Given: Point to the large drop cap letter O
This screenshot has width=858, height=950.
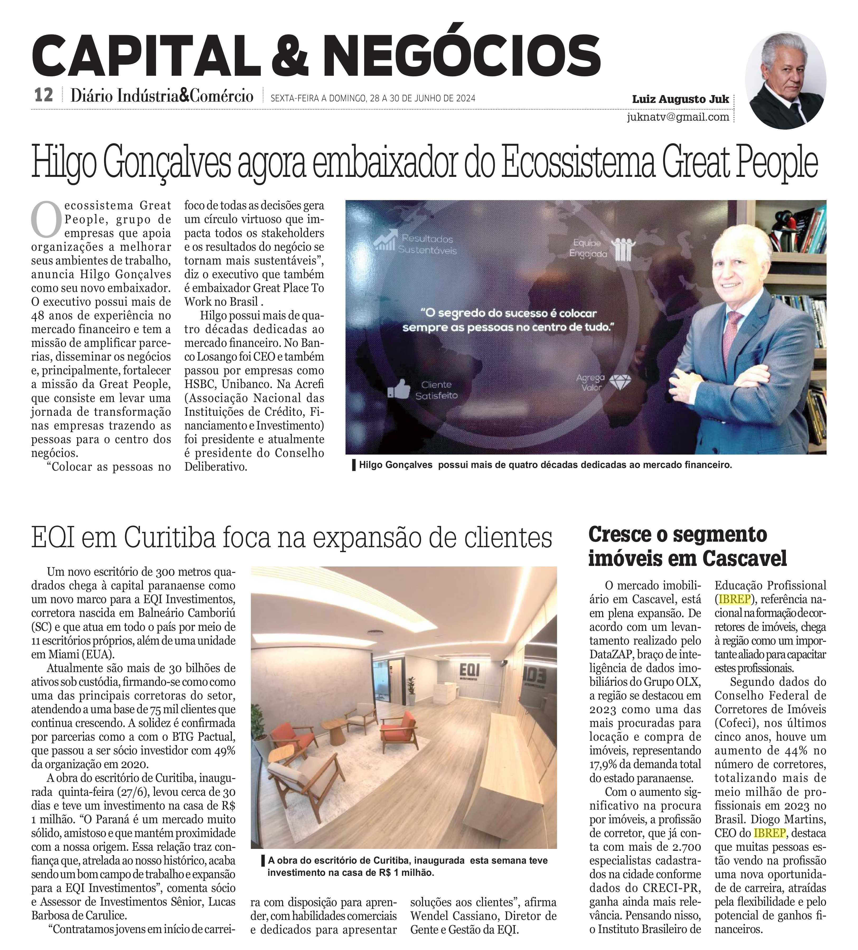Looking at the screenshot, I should tap(46, 220).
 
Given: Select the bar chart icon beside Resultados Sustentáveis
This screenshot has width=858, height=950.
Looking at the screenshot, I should tap(385, 240).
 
